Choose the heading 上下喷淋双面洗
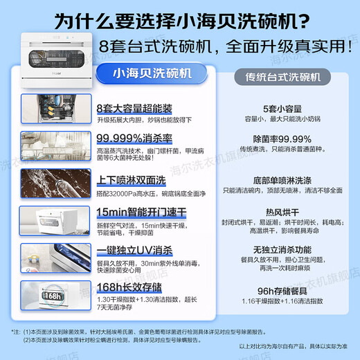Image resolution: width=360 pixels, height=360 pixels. (x=132, y=179)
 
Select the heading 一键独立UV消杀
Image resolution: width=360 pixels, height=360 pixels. (x=135, y=249)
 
